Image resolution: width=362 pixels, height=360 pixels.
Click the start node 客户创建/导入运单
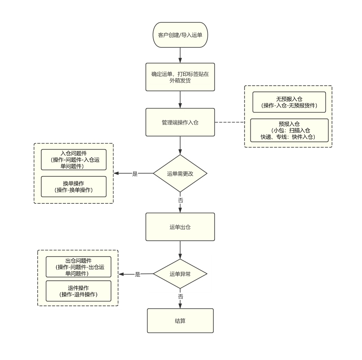click(x=180, y=35)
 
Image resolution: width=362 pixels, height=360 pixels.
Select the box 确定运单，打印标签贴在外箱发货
click(x=180, y=77)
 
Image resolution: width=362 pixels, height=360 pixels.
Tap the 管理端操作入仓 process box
click(x=180, y=122)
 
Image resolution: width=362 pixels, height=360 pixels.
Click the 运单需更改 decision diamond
click(x=180, y=173)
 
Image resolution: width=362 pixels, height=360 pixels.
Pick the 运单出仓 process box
click(x=180, y=227)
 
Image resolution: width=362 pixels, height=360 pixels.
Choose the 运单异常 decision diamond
click(x=180, y=274)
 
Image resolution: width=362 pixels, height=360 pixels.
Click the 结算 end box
click(x=180, y=321)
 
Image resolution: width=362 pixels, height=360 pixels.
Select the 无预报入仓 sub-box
click(x=289, y=102)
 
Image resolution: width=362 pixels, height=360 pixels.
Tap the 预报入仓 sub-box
click(x=289, y=130)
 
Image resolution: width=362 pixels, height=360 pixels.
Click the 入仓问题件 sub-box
click(x=74, y=159)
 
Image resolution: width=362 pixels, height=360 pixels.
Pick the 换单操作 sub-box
click(x=74, y=187)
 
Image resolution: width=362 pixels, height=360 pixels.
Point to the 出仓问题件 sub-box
click(x=79, y=267)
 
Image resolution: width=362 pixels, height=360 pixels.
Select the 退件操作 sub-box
click(x=79, y=291)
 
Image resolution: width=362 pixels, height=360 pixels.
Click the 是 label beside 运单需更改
click(x=135, y=174)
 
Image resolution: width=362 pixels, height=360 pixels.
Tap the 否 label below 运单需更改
click(x=181, y=200)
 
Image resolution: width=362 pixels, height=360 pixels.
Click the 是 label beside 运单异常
click(x=138, y=274)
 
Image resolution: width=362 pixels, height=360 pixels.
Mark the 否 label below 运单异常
click(x=181, y=296)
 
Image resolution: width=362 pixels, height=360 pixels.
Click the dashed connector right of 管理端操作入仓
click(x=230, y=122)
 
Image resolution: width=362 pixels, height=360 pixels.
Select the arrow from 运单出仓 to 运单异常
click(x=180, y=250)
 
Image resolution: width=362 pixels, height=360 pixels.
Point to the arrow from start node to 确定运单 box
click(x=180, y=55)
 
